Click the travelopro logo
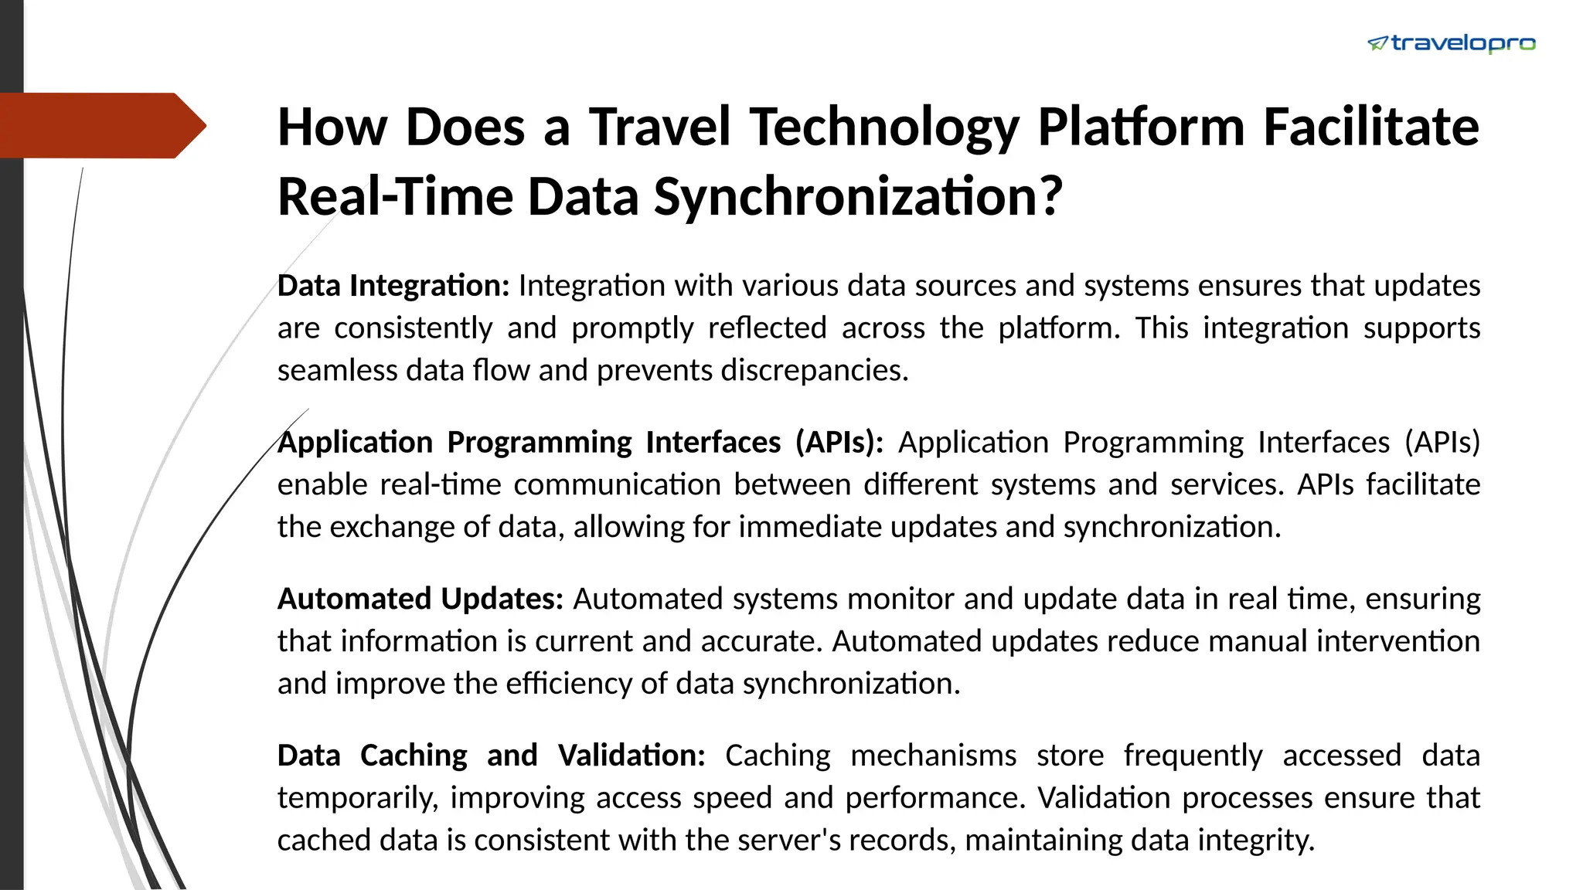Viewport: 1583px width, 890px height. click(1451, 44)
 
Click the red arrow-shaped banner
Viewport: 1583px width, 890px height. click(100, 126)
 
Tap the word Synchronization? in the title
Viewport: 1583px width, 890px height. click(858, 196)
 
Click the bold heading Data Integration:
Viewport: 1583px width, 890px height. click(393, 286)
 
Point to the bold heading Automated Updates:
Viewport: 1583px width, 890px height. click(420, 599)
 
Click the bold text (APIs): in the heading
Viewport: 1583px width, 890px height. click(839, 443)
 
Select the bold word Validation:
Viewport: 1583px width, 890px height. click(631, 756)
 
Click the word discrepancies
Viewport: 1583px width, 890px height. click(814, 371)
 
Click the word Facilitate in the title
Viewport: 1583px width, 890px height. click(1370, 127)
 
